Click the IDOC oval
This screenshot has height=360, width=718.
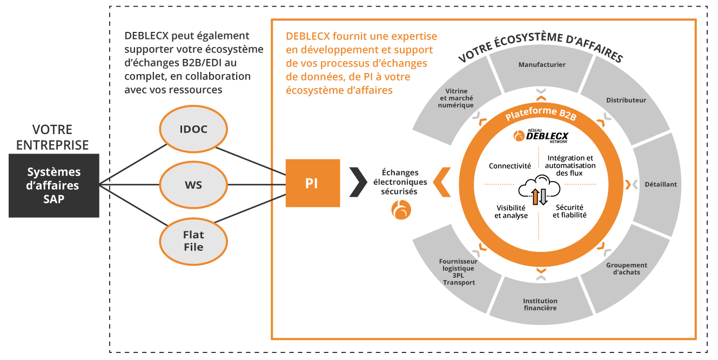(x=193, y=129)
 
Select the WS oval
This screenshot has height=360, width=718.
(x=193, y=185)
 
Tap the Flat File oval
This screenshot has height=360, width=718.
(x=193, y=241)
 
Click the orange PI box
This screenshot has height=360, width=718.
(x=312, y=183)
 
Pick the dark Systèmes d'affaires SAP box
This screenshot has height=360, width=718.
(x=54, y=185)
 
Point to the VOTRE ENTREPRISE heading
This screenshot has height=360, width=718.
(x=52, y=137)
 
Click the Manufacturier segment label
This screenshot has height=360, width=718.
(x=542, y=65)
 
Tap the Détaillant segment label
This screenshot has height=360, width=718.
(x=660, y=184)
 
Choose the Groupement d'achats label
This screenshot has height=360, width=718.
(x=626, y=269)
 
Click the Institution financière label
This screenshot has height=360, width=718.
(x=540, y=304)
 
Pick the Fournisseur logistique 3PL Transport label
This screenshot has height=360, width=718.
(x=457, y=272)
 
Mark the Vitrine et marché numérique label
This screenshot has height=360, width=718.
(x=456, y=98)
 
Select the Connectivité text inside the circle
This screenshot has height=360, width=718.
(x=509, y=166)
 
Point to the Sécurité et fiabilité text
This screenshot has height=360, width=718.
(x=569, y=211)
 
